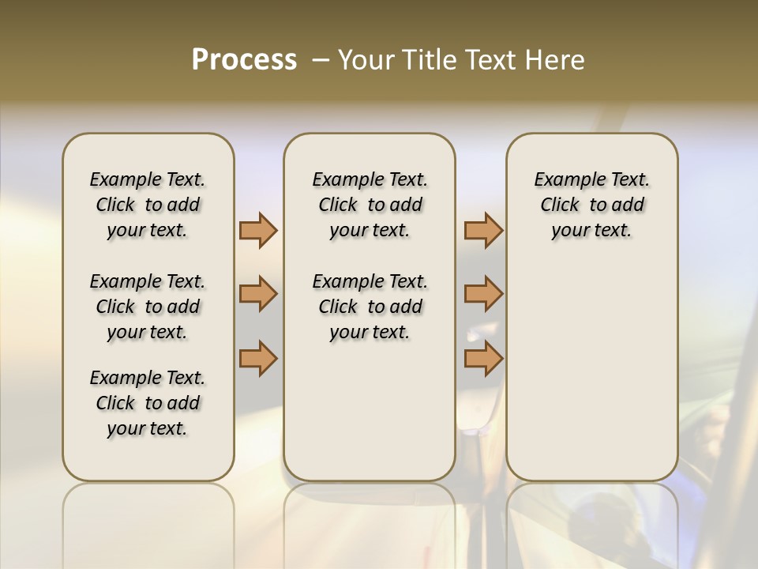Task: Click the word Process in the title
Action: [244, 59]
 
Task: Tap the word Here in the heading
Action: [554, 60]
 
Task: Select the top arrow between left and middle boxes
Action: [258, 230]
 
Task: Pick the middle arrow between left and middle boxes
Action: [258, 294]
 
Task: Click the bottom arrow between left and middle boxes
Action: [258, 358]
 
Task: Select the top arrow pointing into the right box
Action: [483, 230]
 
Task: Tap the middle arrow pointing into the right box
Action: [483, 294]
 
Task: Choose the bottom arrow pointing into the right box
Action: [483, 358]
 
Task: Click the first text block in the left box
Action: [148, 205]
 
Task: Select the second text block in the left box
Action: [148, 307]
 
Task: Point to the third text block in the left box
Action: [148, 403]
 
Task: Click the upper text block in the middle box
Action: [370, 205]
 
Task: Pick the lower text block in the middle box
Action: [370, 307]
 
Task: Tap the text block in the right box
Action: [591, 205]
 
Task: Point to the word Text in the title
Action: [492, 60]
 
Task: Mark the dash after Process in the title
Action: [320, 59]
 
